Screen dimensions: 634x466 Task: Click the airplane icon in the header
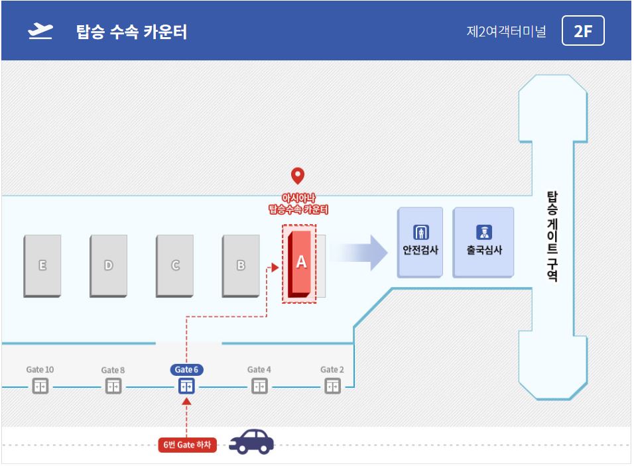pyautogui.click(x=40, y=32)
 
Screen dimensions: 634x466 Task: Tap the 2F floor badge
pyautogui.click(x=583, y=30)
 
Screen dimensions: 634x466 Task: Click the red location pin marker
pyautogui.click(x=298, y=176)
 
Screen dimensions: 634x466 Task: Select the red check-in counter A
pyautogui.click(x=300, y=264)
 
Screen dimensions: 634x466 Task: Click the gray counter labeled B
pyautogui.click(x=241, y=266)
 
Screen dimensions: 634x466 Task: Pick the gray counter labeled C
pyautogui.click(x=174, y=266)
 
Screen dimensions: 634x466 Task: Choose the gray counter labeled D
pyautogui.click(x=108, y=266)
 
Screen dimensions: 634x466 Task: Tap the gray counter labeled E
pyautogui.click(x=42, y=266)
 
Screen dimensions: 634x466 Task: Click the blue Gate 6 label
pyautogui.click(x=186, y=369)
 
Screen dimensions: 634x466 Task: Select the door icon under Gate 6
pyautogui.click(x=186, y=386)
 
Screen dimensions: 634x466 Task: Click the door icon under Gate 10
pyautogui.click(x=40, y=386)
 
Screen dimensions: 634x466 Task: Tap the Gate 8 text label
pyautogui.click(x=113, y=370)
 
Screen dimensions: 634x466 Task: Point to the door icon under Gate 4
pyautogui.click(x=259, y=386)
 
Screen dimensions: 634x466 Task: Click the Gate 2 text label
pyautogui.click(x=332, y=369)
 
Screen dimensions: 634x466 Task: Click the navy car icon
pyautogui.click(x=251, y=441)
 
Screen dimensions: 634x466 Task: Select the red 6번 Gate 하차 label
pyautogui.click(x=187, y=445)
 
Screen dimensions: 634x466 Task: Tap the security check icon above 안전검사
pyautogui.click(x=421, y=233)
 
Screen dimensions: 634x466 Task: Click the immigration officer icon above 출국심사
pyautogui.click(x=484, y=233)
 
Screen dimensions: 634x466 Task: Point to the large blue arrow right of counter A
pyautogui.click(x=359, y=253)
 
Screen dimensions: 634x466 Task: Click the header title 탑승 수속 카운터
pyautogui.click(x=132, y=32)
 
